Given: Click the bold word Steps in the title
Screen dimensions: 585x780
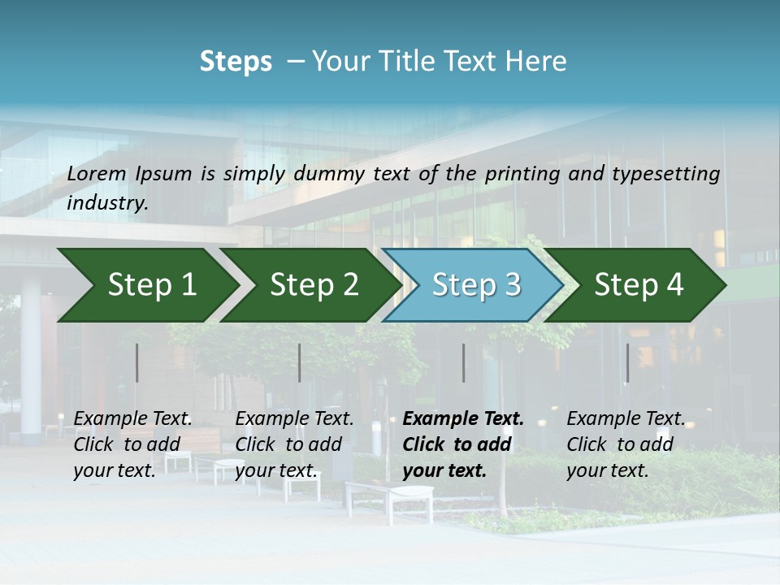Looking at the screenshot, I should click(236, 62).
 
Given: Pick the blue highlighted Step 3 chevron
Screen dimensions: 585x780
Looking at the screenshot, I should click(471, 285).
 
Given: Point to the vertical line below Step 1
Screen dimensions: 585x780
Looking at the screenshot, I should click(137, 362).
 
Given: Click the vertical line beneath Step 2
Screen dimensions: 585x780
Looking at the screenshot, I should click(300, 362).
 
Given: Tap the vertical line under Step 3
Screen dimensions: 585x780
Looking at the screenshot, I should click(463, 362).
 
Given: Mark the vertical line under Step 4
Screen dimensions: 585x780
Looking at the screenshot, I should click(627, 362).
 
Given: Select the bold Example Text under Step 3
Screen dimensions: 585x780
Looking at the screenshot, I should click(463, 419).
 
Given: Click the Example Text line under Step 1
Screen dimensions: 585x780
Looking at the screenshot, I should click(132, 419).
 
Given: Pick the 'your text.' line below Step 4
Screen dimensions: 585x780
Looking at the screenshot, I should click(607, 470).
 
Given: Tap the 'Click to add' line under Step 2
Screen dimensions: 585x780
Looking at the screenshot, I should click(288, 444).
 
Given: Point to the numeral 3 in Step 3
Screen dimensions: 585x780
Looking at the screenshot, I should click(511, 285).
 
